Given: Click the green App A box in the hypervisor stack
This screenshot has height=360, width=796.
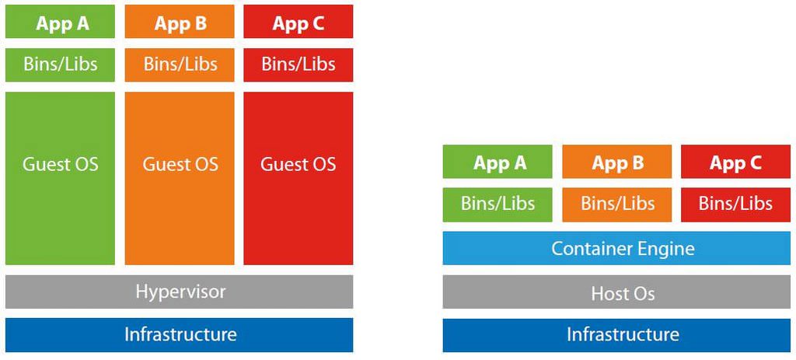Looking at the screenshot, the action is pyautogui.click(x=60, y=22).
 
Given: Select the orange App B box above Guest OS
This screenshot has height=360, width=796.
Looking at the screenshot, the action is pyautogui.click(x=180, y=22).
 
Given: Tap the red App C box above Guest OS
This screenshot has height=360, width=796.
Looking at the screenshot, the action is pyautogui.click(x=298, y=22).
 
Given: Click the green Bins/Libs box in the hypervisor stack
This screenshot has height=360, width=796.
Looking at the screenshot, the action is pyautogui.click(x=60, y=65).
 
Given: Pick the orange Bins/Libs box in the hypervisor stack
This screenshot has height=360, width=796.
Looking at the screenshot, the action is pyautogui.click(x=180, y=65).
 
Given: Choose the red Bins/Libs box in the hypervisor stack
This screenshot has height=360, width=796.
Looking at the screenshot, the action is pyautogui.click(x=298, y=65).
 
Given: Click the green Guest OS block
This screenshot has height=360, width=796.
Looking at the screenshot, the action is pyautogui.click(x=60, y=178).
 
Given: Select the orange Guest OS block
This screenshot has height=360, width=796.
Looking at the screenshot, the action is pyautogui.click(x=180, y=178).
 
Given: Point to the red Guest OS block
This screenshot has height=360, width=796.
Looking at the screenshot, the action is pyautogui.click(x=298, y=178).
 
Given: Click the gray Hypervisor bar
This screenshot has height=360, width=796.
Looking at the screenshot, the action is pyautogui.click(x=180, y=292).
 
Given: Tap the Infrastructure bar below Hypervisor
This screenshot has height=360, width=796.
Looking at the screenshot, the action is pyautogui.click(x=180, y=335).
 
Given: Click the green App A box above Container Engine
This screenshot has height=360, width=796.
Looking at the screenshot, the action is pyautogui.click(x=497, y=162).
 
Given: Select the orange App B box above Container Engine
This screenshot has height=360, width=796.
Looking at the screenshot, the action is pyautogui.click(x=616, y=162).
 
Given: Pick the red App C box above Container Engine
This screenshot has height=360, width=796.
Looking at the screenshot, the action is pyautogui.click(x=735, y=162).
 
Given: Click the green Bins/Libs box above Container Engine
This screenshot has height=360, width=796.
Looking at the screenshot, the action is pyautogui.click(x=497, y=204).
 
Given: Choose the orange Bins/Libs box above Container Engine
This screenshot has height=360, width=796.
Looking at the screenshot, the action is pyautogui.click(x=616, y=204).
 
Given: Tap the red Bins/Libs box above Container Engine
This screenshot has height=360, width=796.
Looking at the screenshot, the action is pyautogui.click(x=735, y=204).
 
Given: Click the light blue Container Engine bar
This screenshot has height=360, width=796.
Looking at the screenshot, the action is pyautogui.click(x=616, y=248).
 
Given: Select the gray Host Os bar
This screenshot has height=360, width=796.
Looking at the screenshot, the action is pyautogui.click(x=616, y=292).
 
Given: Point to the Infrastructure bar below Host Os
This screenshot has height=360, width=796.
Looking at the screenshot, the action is pyautogui.click(x=616, y=335).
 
